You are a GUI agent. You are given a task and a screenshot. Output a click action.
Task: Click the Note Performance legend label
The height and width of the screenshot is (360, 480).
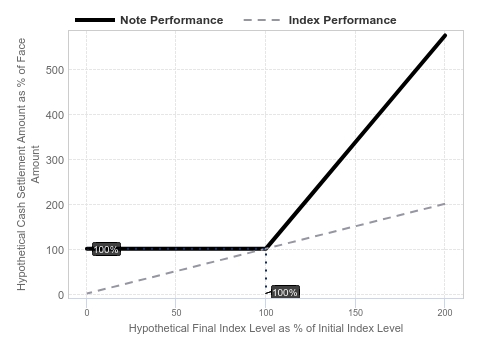(171, 20)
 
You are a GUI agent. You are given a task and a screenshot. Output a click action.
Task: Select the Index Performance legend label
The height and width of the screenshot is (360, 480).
(342, 20)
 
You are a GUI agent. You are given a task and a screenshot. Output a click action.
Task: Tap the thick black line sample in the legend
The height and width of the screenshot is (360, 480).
(95, 20)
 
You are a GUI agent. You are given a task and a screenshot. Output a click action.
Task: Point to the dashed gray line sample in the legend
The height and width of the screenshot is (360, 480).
(262, 20)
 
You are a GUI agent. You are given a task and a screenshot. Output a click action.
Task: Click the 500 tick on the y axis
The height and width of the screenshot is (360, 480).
(55, 70)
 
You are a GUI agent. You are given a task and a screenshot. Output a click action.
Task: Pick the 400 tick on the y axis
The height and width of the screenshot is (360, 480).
(55, 115)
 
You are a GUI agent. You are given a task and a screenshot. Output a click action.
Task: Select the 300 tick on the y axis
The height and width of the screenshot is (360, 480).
(55, 160)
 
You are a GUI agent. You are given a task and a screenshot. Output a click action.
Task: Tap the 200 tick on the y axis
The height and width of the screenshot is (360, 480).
(55, 205)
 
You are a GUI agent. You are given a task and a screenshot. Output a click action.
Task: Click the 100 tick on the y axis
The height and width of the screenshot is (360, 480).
(55, 250)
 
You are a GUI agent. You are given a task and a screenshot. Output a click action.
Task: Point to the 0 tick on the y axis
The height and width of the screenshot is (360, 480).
(61, 295)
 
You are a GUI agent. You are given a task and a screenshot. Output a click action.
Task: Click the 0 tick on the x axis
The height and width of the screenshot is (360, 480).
(87, 313)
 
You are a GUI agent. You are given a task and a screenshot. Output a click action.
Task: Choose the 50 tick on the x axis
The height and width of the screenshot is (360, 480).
(176, 313)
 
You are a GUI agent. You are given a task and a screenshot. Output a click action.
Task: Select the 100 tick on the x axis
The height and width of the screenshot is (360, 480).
(266, 313)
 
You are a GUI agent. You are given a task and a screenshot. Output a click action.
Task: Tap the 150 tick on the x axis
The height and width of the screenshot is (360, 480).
(355, 313)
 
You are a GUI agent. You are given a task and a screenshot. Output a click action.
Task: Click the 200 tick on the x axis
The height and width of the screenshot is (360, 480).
(445, 313)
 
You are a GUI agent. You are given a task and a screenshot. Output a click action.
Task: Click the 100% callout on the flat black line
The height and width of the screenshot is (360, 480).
(106, 249)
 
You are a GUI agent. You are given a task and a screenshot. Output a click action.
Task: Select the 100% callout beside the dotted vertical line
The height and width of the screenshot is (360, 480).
(285, 292)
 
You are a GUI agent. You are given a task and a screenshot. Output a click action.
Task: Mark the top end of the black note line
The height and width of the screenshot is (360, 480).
(445, 35)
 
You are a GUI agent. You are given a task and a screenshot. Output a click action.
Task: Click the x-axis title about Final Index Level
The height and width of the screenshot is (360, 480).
(266, 328)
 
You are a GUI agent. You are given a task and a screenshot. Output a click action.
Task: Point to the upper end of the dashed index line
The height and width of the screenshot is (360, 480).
(445, 204)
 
